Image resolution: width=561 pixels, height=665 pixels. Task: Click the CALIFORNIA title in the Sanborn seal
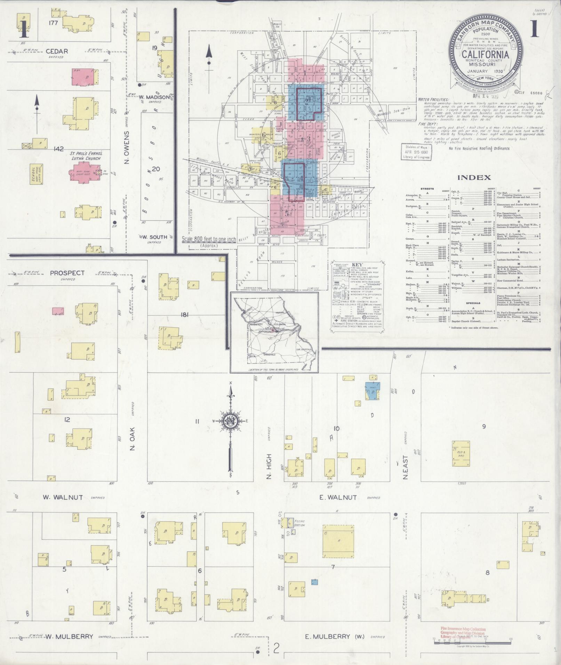click(x=485, y=55)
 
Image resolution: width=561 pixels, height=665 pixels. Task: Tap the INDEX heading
click(x=474, y=177)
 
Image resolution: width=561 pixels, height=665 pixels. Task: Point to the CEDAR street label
click(x=57, y=51)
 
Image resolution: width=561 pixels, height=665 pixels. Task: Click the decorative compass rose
click(x=230, y=421)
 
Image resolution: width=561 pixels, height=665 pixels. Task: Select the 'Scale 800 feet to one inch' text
click(x=209, y=239)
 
